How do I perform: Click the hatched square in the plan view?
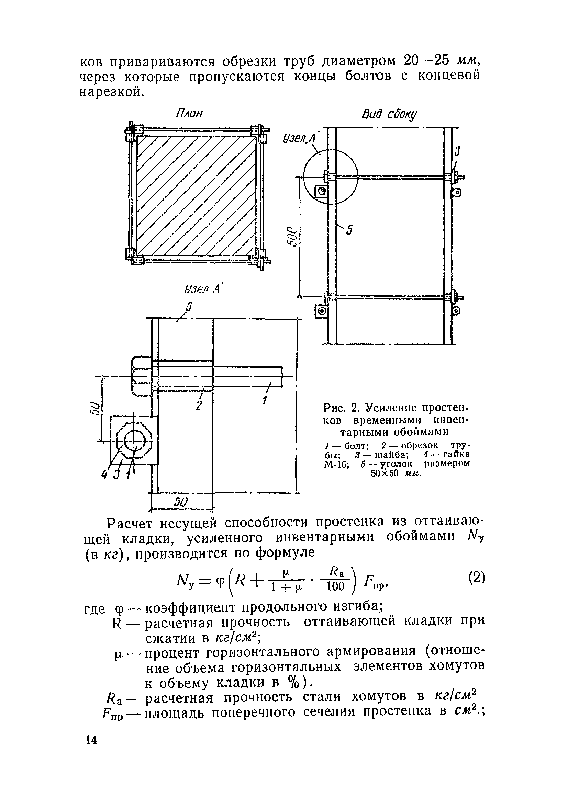point(196,196)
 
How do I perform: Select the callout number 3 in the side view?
point(457,151)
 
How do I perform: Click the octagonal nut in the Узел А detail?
point(134,441)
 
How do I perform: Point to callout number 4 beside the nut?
point(104,475)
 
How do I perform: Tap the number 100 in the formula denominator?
point(335,586)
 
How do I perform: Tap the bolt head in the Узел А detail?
point(141,377)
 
